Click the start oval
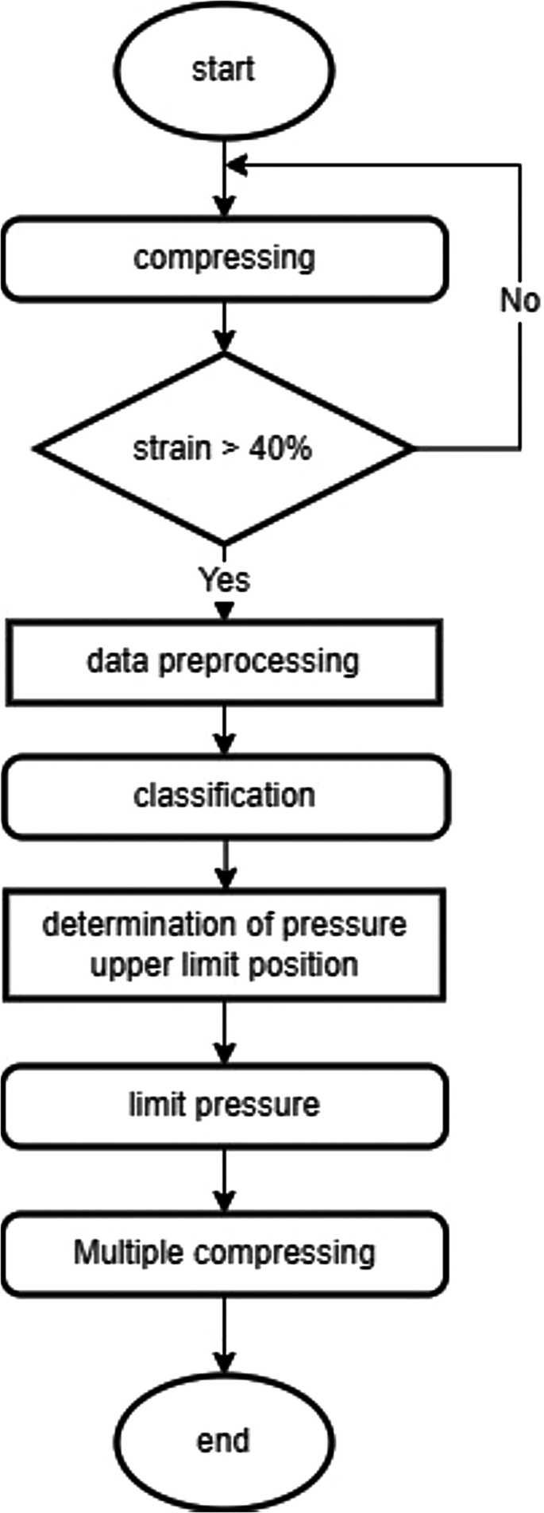click(x=224, y=70)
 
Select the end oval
click(x=224, y=1440)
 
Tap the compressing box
click(x=224, y=259)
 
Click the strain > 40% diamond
click(x=224, y=449)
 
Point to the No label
click(x=519, y=300)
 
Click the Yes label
click(x=224, y=580)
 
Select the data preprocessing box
click(x=224, y=662)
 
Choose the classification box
click(x=224, y=796)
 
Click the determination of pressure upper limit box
click(x=224, y=944)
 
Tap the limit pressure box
click(x=224, y=1105)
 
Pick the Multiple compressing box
click(x=224, y=1253)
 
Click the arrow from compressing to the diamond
click(x=225, y=326)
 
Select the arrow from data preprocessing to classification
click(x=225, y=729)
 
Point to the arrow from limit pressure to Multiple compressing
click(x=225, y=1179)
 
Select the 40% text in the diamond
click(x=280, y=449)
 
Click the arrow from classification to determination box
click(x=226, y=864)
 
